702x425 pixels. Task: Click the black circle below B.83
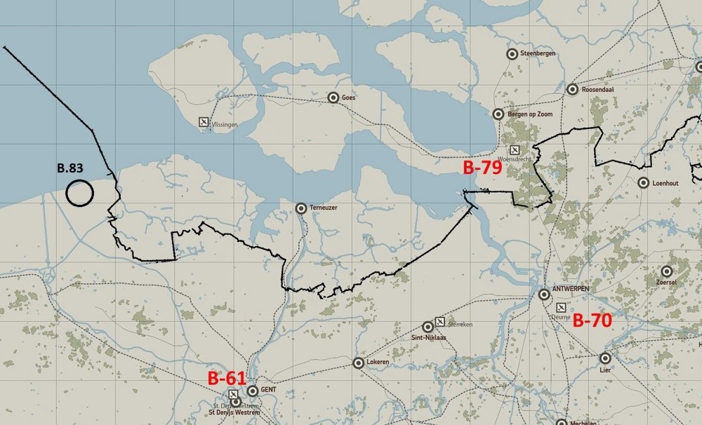click(x=79, y=193)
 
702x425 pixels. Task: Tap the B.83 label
click(x=71, y=168)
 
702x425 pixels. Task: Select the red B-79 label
click(x=483, y=168)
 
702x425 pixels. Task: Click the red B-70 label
click(x=592, y=321)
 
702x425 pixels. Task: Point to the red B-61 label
click(x=227, y=378)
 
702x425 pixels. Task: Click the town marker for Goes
click(x=333, y=97)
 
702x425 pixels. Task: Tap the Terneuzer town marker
click(x=301, y=208)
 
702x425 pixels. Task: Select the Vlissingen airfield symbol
click(x=204, y=123)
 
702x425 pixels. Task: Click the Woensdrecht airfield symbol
click(x=515, y=150)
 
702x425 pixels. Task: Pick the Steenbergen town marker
click(x=512, y=53)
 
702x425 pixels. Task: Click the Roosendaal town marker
click(x=572, y=89)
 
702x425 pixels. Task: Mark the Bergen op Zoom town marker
click(x=498, y=114)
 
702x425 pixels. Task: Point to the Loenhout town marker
click(x=644, y=183)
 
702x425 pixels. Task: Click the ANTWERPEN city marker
click(x=544, y=294)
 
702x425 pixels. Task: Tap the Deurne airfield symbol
click(x=561, y=307)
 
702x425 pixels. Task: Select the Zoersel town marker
click(x=666, y=271)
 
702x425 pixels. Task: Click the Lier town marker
click(x=605, y=358)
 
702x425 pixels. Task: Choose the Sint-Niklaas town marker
click(x=428, y=327)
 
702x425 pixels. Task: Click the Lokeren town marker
click(x=358, y=363)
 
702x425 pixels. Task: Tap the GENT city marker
click(x=252, y=391)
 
